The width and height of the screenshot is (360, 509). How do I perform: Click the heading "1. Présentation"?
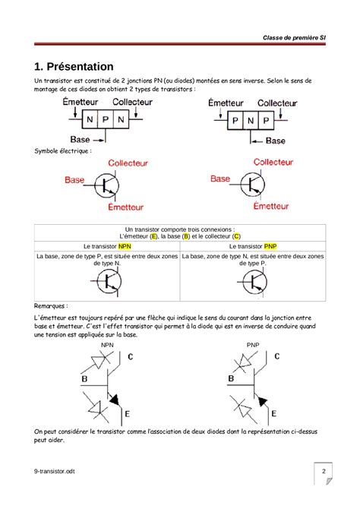point(74,66)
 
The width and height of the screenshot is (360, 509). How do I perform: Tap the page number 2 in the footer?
point(324,472)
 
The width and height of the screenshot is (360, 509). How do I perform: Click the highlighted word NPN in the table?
point(125,247)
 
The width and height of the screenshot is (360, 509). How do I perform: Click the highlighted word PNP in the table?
point(271,247)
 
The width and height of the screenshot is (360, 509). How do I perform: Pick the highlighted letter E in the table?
point(153,236)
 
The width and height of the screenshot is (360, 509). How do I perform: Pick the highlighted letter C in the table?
point(236,236)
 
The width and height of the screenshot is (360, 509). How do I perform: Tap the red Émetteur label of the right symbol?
point(271,206)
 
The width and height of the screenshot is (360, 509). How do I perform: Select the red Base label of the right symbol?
point(220,179)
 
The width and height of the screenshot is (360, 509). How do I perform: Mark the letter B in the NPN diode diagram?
point(84,379)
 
